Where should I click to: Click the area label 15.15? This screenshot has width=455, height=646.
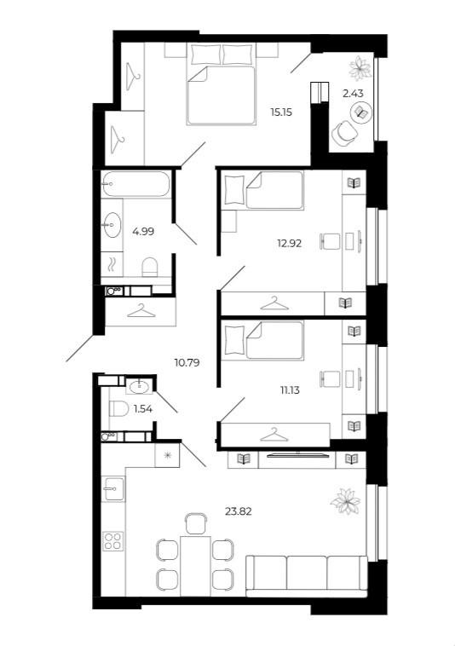(281, 112)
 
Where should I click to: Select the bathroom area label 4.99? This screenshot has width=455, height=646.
(141, 229)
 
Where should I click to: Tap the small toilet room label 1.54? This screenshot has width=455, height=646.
(142, 409)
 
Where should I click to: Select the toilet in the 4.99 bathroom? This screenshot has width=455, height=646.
(150, 266)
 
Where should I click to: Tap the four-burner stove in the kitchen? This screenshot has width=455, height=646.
(113, 541)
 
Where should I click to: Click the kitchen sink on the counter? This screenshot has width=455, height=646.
(112, 488)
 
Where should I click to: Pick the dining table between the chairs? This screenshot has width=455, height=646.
(196, 563)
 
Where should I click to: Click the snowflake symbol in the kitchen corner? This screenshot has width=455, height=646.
(167, 456)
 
